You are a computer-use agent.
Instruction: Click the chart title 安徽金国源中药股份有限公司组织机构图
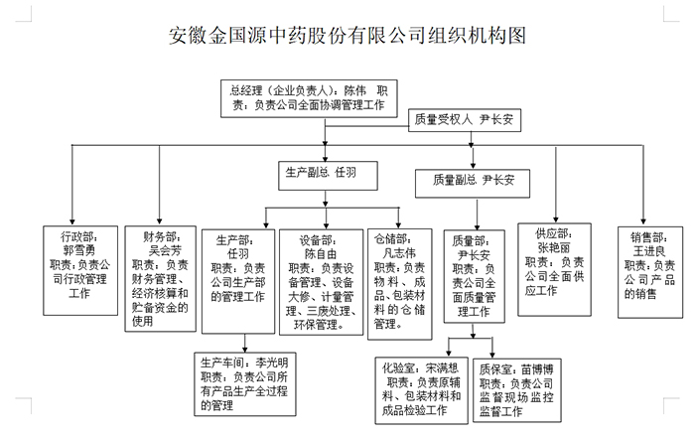click(347, 38)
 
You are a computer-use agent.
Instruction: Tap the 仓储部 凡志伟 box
click(399, 279)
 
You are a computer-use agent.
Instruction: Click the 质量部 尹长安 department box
click(477, 279)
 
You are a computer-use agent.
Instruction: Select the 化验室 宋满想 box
click(421, 389)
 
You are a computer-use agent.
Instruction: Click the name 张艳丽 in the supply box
click(555, 247)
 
